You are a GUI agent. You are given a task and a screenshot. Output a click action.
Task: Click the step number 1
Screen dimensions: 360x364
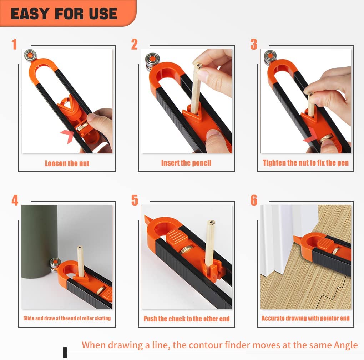[x=14, y=45]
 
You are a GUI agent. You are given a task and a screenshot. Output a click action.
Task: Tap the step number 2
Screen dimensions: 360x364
[x=134, y=45]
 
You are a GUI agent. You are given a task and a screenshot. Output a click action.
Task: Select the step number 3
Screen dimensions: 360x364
[x=254, y=45]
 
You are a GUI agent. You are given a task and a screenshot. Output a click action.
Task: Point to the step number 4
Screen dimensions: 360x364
[x=15, y=200]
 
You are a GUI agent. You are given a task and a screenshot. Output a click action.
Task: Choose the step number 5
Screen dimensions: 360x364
[x=134, y=200]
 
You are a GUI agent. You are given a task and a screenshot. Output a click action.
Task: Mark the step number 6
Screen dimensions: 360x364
[x=254, y=200]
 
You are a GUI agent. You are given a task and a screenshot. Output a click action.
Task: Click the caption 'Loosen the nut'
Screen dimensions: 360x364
[x=67, y=163]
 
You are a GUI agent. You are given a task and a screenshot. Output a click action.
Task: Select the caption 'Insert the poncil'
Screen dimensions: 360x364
[x=186, y=163]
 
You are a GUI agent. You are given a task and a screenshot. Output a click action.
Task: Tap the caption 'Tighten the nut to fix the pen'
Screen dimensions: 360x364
[x=306, y=163]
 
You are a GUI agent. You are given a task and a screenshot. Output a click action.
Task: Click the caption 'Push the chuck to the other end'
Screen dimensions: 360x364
[x=186, y=319]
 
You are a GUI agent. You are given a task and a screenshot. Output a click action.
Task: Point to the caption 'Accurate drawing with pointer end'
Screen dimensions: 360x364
[x=305, y=318]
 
